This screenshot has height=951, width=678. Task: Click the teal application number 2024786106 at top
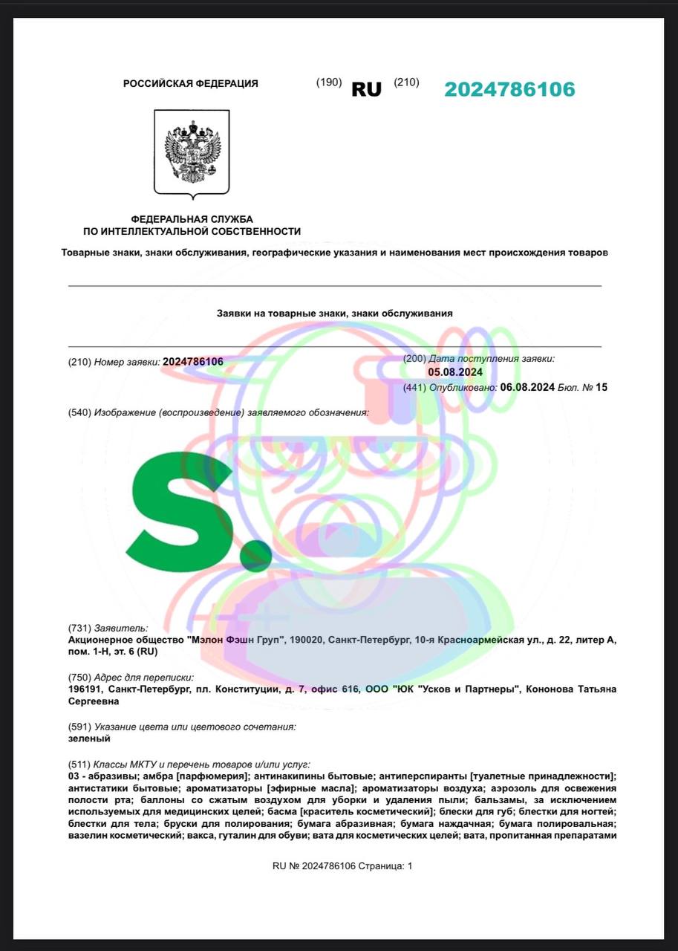point(509,90)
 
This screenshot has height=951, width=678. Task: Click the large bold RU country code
point(366,90)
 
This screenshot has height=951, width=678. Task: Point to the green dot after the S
point(260,552)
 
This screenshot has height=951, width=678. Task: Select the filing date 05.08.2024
point(455,372)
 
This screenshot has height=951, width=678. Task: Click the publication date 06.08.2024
point(527,387)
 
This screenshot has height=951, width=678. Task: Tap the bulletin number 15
point(602,387)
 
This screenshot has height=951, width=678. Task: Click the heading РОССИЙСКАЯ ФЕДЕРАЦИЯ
point(191,84)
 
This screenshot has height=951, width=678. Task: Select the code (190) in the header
point(329,82)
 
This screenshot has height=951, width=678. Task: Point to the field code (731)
point(79,628)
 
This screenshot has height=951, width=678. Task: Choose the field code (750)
point(79,677)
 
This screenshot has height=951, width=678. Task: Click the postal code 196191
point(84,689)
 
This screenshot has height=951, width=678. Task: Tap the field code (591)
point(79,726)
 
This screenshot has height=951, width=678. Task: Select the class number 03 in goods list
point(74,776)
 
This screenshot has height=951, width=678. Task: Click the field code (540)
point(79,412)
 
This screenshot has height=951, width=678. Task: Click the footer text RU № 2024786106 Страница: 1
point(342,866)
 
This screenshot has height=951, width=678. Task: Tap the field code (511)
point(79,764)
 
